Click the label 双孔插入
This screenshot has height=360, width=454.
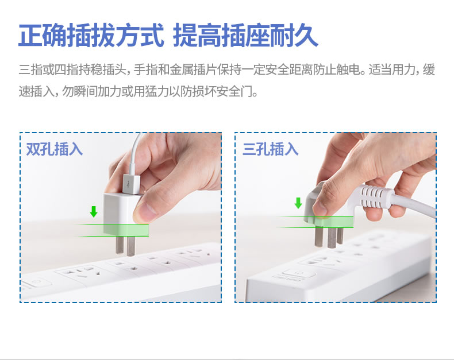[55, 149]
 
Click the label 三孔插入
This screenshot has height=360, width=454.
[271, 149]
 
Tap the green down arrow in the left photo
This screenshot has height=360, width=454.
[94, 211]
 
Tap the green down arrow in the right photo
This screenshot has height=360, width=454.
[298, 203]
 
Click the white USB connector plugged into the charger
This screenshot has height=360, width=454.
[131, 184]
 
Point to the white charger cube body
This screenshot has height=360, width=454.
[122, 214]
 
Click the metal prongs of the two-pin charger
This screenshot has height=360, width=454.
[125, 245]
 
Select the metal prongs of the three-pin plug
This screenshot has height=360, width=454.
[329, 237]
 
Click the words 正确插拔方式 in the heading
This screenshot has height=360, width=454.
[91, 36]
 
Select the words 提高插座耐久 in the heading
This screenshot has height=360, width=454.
[245, 36]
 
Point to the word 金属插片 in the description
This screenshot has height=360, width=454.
[194, 69]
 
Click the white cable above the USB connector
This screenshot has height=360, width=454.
[136, 153]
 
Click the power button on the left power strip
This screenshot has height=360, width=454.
[36, 282]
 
